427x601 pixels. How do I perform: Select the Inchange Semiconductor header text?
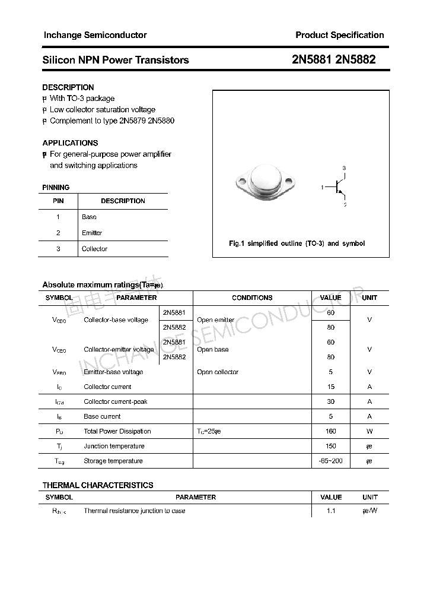(x=95, y=35)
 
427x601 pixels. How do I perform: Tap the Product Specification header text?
(x=339, y=35)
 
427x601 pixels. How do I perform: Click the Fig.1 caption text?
(x=297, y=243)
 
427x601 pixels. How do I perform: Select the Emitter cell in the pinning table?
(x=92, y=233)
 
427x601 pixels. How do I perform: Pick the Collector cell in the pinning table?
(x=94, y=249)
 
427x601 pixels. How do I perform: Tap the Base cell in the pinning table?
(x=89, y=217)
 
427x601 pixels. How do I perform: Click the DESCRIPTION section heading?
(x=68, y=87)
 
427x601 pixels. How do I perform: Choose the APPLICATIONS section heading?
(x=70, y=143)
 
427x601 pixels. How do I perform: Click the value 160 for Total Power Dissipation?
(x=330, y=431)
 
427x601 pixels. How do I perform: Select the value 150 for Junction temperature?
(x=330, y=446)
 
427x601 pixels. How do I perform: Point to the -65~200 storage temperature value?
(x=330, y=461)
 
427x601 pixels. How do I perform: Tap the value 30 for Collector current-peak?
(x=330, y=401)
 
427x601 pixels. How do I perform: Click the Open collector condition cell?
(x=218, y=372)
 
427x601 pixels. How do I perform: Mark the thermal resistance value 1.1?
(x=330, y=511)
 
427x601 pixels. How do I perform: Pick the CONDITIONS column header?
(x=252, y=298)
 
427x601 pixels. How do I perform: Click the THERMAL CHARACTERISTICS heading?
(x=98, y=485)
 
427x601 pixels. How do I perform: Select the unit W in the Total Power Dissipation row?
(x=369, y=431)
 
